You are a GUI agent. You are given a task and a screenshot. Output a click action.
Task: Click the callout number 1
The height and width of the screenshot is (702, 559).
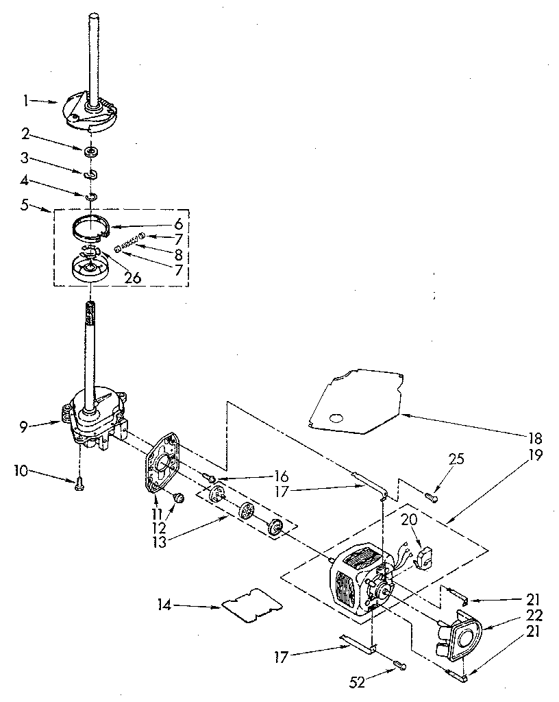coord(25,101)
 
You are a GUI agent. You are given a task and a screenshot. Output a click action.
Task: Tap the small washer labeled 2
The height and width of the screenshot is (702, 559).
coord(90,150)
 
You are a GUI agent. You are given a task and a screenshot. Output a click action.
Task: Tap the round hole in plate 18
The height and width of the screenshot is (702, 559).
coord(336,417)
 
